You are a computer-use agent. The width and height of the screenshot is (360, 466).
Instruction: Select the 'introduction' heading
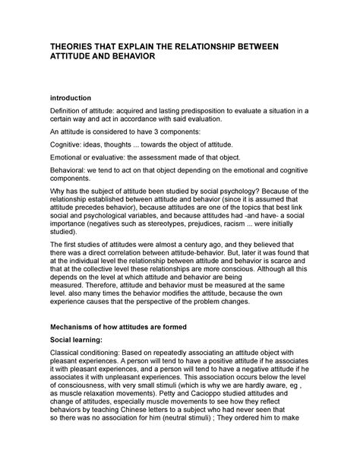click(70, 98)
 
